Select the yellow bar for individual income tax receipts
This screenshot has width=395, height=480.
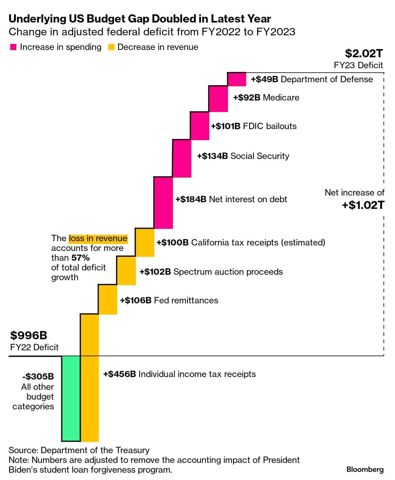(90, 378)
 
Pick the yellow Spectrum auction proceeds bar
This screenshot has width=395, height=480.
(126, 271)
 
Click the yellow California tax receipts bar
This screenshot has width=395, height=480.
(145, 242)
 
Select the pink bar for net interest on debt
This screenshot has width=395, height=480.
(163, 203)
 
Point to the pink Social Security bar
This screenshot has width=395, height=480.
(182, 158)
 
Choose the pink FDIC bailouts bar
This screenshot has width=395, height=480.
(200, 126)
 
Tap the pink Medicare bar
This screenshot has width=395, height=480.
(218, 99)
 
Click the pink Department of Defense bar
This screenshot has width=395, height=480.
(237, 79)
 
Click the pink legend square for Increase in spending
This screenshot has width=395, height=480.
(13, 47)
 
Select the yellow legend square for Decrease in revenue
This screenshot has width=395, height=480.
(111, 47)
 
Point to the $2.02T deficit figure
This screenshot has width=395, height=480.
(364, 53)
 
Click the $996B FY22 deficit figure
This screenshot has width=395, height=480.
(29, 335)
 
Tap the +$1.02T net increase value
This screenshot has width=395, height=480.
(363, 205)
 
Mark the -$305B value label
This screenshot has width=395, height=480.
(38, 376)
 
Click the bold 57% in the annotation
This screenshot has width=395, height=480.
(80, 258)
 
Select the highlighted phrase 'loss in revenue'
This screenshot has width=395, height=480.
(98, 238)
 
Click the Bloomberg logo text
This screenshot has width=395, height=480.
(365, 469)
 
